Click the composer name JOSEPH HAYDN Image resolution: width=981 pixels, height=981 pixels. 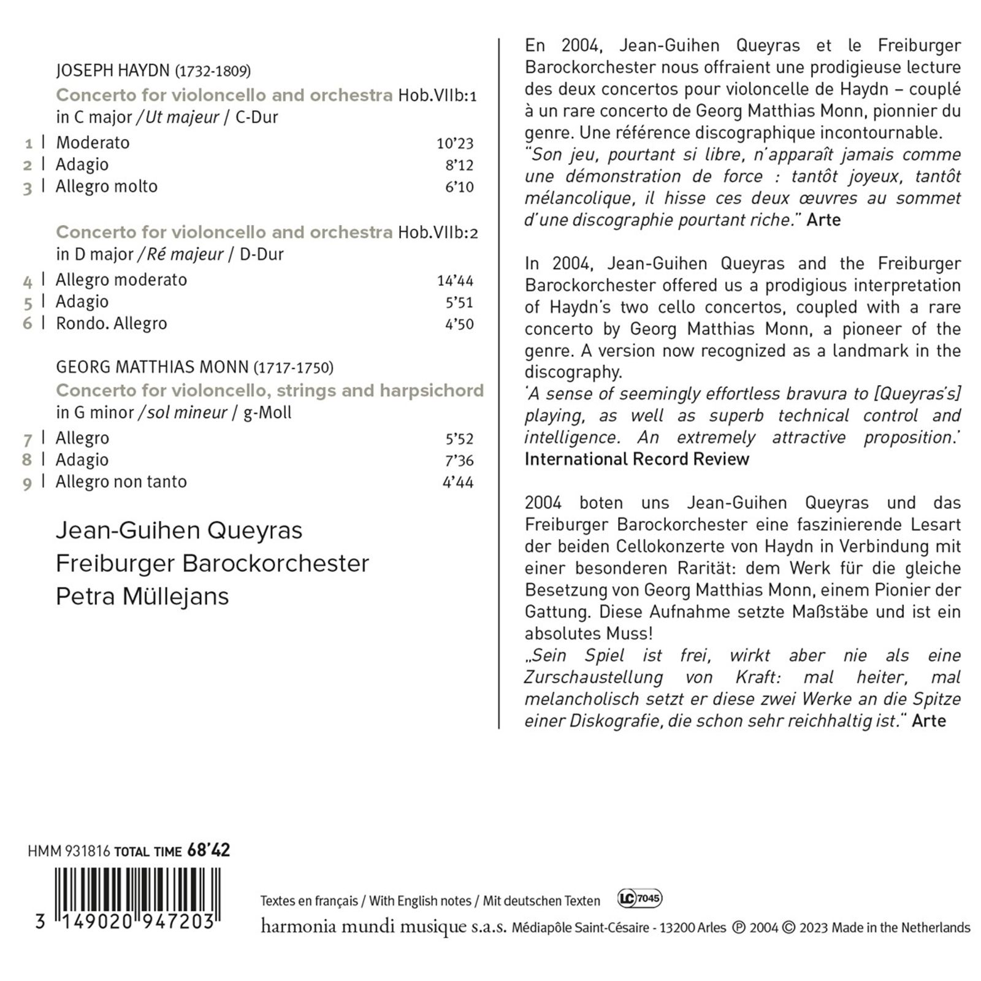(112, 71)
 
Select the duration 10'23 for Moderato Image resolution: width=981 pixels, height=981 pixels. (455, 143)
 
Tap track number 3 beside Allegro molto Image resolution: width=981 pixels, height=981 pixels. (28, 188)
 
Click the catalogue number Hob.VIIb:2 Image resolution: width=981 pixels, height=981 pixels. (438, 233)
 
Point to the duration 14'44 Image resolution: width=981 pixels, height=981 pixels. (455, 281)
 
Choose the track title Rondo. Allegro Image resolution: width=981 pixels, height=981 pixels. (111, 324)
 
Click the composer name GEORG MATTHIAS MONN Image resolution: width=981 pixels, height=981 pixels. (152, 367)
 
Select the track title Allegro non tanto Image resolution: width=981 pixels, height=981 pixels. (121, 482)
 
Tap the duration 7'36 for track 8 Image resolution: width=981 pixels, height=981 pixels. (459, 460)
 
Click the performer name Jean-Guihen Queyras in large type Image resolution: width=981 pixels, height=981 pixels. (179, 531)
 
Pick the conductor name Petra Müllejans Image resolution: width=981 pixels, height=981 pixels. (142, 597)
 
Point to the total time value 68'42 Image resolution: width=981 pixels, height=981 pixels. (208, 850)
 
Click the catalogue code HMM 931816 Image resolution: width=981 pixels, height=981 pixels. (69, 851)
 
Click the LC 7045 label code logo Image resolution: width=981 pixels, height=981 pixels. (639, 899)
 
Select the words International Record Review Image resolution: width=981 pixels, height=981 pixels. (636, 459)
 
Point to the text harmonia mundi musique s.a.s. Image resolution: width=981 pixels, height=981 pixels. (383, 926)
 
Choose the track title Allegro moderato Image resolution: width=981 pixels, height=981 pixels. (121, 280)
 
